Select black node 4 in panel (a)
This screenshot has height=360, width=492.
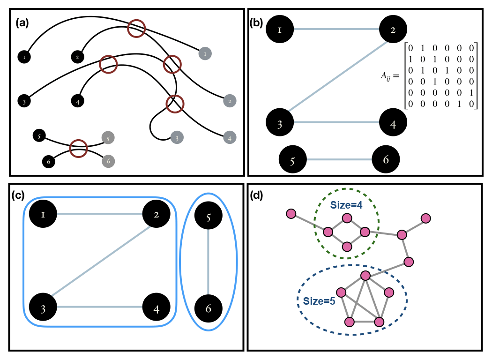point(77,100)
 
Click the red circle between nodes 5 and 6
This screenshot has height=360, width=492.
point(78,149)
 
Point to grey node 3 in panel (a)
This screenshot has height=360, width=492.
point(177,138)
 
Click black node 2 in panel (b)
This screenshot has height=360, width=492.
point(393,30)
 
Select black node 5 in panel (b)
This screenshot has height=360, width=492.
point(292,160)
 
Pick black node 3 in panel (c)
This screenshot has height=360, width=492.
point(43,308)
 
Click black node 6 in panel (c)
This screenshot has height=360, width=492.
point(208,308)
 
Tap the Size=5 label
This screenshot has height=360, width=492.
point(319,301)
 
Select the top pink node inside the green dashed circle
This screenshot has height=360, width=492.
point(347,218)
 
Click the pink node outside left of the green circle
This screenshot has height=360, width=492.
point(291,214)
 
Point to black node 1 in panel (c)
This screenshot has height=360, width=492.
point(43,215)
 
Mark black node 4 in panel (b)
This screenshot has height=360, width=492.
point(393,123)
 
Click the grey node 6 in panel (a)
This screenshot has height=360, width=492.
point(108,161)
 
